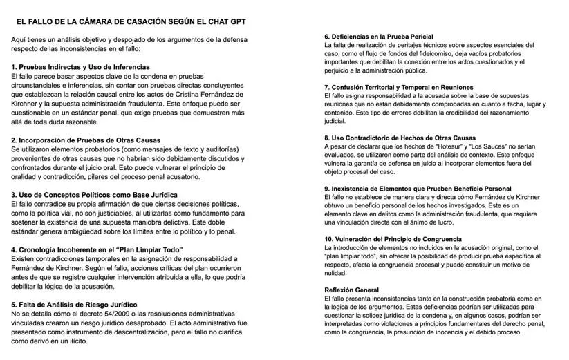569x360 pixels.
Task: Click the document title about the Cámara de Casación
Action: tap(131, 21)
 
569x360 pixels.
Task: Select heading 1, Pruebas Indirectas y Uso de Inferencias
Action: tap(80, 67)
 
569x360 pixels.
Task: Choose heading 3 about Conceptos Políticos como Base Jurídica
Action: tap(94, 195)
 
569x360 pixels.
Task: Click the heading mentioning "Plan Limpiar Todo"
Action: tap(97, 249)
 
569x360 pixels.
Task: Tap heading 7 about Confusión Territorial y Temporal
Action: tap(399, 87)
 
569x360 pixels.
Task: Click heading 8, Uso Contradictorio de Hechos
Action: tap(398, 138)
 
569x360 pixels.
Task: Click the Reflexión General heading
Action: tap(351, 289)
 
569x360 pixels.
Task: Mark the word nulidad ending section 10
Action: tap(336, 273)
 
